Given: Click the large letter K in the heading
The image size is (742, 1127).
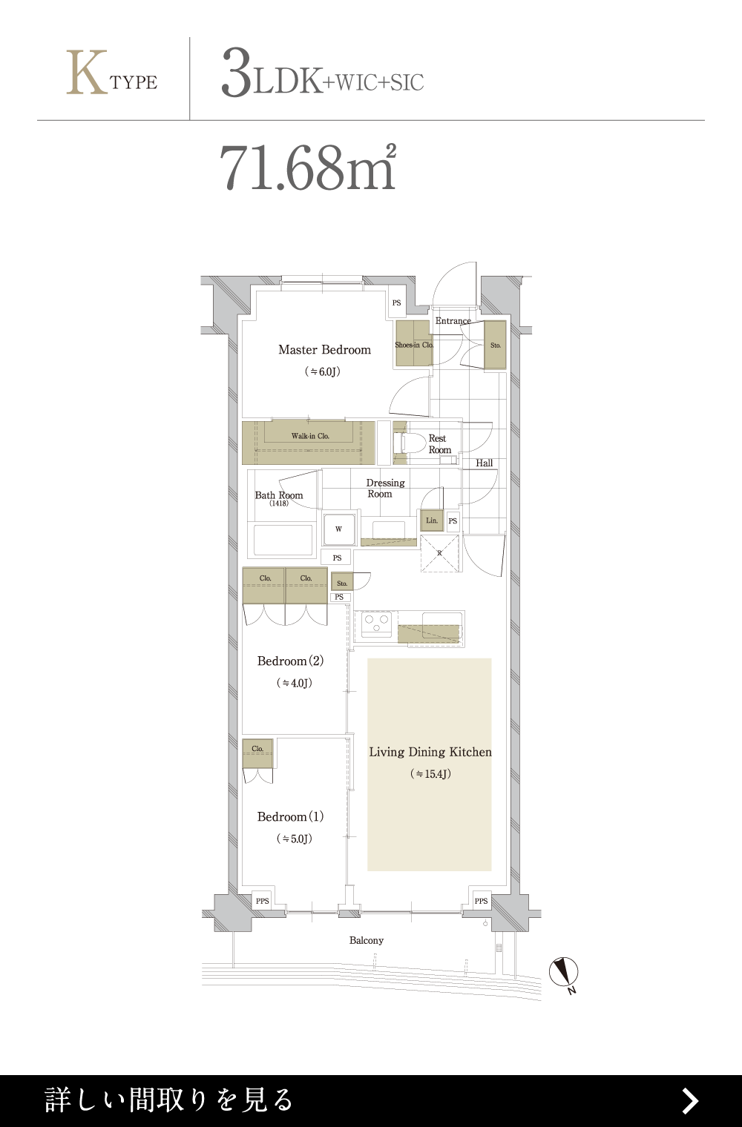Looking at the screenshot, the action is point(87,73).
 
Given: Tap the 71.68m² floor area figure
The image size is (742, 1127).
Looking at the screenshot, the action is point(308,168).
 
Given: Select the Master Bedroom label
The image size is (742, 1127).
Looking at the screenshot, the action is point(325,350).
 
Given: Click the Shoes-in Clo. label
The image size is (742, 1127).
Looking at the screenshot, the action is point(414,346).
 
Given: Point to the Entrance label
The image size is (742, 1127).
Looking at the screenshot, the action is point(453,321).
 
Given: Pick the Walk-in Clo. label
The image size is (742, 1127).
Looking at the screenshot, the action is point(310,436).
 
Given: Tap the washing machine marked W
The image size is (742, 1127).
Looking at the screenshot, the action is point(339,529).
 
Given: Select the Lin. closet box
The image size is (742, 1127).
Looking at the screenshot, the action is point(432,520).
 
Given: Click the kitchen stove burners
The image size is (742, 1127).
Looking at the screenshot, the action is point(377,624).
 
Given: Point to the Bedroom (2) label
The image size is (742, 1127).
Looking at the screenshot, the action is point(290,661).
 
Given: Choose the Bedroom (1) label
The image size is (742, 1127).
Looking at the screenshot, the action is point(290,816).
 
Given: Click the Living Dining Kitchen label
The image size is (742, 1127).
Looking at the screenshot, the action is point(430,752).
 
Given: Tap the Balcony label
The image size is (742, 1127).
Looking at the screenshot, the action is point(367,940).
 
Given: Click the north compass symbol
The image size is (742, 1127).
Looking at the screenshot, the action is point(563,971).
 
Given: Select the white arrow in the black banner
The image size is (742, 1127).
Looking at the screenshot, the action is point(690,1101).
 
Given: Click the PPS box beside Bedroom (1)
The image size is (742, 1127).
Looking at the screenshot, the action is point(262,901).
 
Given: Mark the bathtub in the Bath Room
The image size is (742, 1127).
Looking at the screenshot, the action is point(283,541).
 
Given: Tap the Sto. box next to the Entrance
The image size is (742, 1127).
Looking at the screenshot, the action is point(496,346).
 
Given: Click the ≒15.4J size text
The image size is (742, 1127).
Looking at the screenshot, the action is point(430,774).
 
